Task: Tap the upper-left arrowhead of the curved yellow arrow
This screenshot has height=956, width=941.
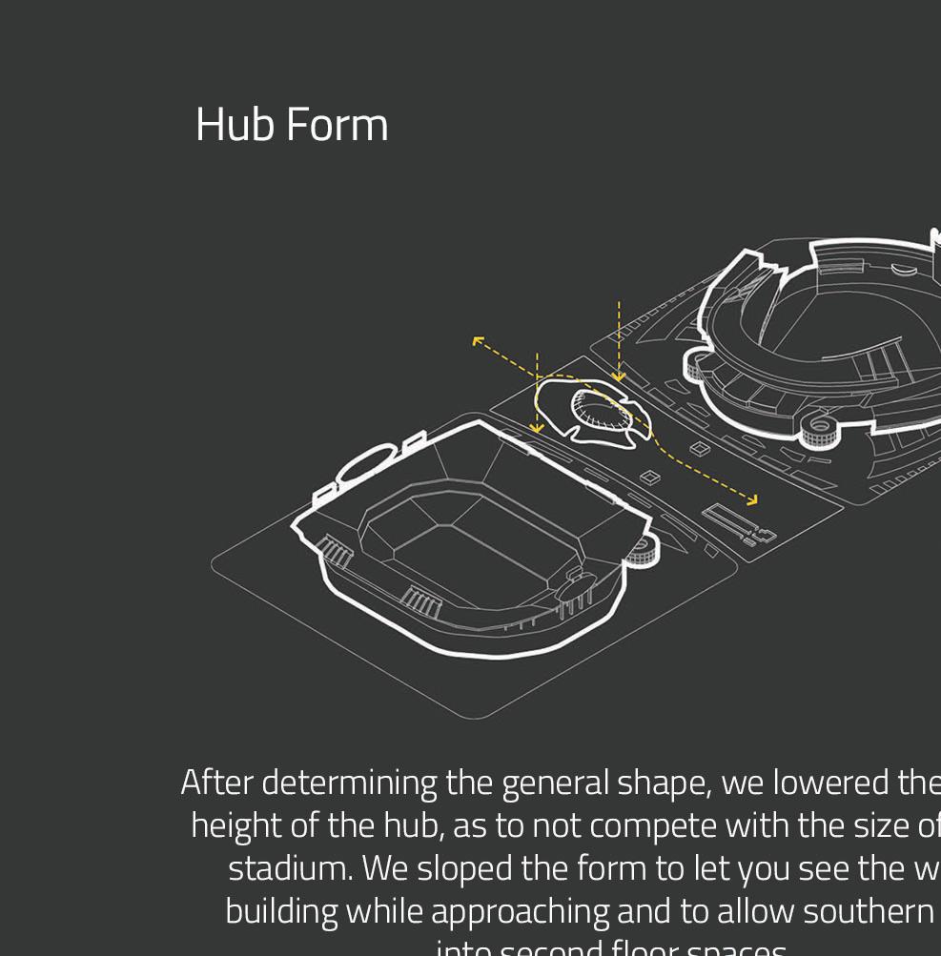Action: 477,340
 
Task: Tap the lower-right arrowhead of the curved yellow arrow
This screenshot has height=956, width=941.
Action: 753,499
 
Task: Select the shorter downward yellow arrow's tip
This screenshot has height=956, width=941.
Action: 537,428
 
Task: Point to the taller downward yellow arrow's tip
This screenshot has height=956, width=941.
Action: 619,377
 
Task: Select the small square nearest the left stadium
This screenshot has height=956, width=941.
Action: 650,478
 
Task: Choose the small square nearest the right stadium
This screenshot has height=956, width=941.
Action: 700,449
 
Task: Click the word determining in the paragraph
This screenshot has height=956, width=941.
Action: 349,783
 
